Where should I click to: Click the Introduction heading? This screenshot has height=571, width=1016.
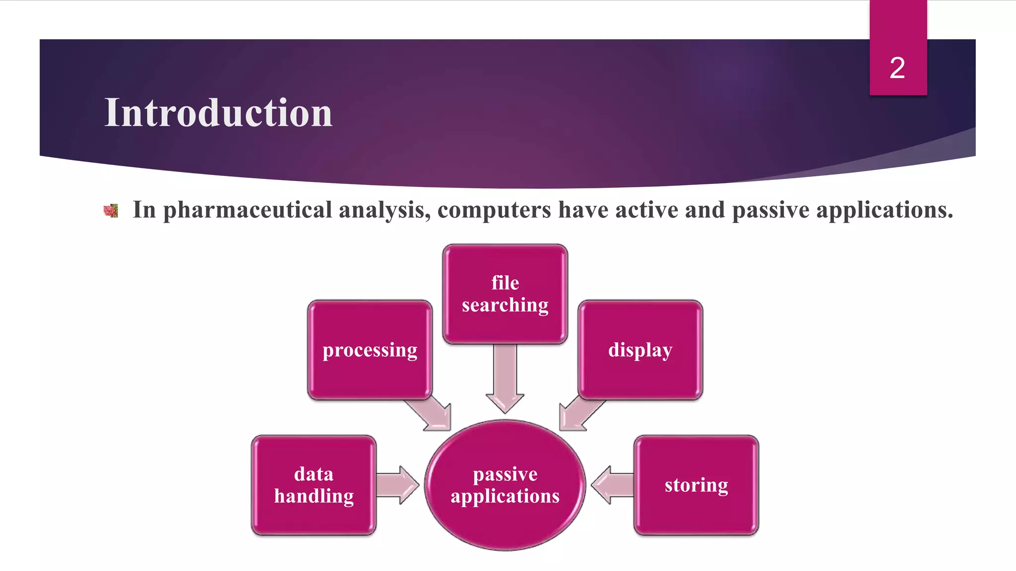tap(218, 113)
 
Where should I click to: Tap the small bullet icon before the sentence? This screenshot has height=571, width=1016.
tap(111, 211)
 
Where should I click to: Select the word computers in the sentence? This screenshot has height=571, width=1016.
tap(494, 210)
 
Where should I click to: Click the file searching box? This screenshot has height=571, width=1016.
tap(505, 293)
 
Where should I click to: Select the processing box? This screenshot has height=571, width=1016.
tap(370, 349)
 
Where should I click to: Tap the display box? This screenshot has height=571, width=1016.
tap(640, 349)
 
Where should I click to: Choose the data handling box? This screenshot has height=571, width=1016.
tap(314, 485)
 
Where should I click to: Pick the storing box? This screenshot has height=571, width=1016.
tap(696, 485)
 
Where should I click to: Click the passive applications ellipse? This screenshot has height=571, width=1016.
tap(505, 485)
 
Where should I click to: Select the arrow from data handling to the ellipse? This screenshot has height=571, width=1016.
tap(397, 485)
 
